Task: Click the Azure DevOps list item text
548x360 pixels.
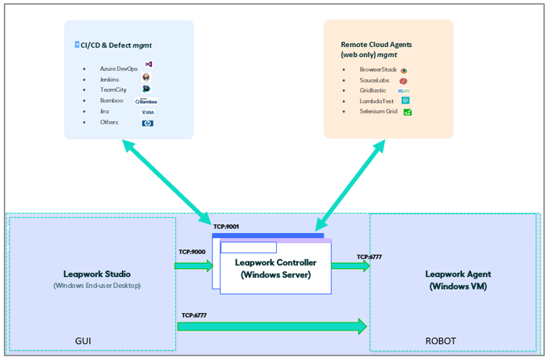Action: coord(119,68)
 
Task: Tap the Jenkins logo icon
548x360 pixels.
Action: coord(146,77)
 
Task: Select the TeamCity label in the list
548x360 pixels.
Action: coord(113,90)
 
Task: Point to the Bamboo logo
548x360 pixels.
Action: coord(146,101)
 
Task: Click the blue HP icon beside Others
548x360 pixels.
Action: coord(148,123)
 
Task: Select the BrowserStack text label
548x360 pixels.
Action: coord(378,70)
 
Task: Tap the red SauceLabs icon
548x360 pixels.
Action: coord(404,81)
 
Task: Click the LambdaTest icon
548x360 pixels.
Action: coord(406,101)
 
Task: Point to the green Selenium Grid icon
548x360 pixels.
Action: coord(407,112)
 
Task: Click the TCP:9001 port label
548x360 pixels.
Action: coord(226,227)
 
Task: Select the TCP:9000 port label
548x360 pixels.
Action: coord(191,252)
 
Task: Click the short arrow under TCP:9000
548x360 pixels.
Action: coord(194,266)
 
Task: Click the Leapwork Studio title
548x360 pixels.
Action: coord(97,274)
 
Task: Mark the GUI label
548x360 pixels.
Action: coord(83,341)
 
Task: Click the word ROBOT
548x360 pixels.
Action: coord(441,341)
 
